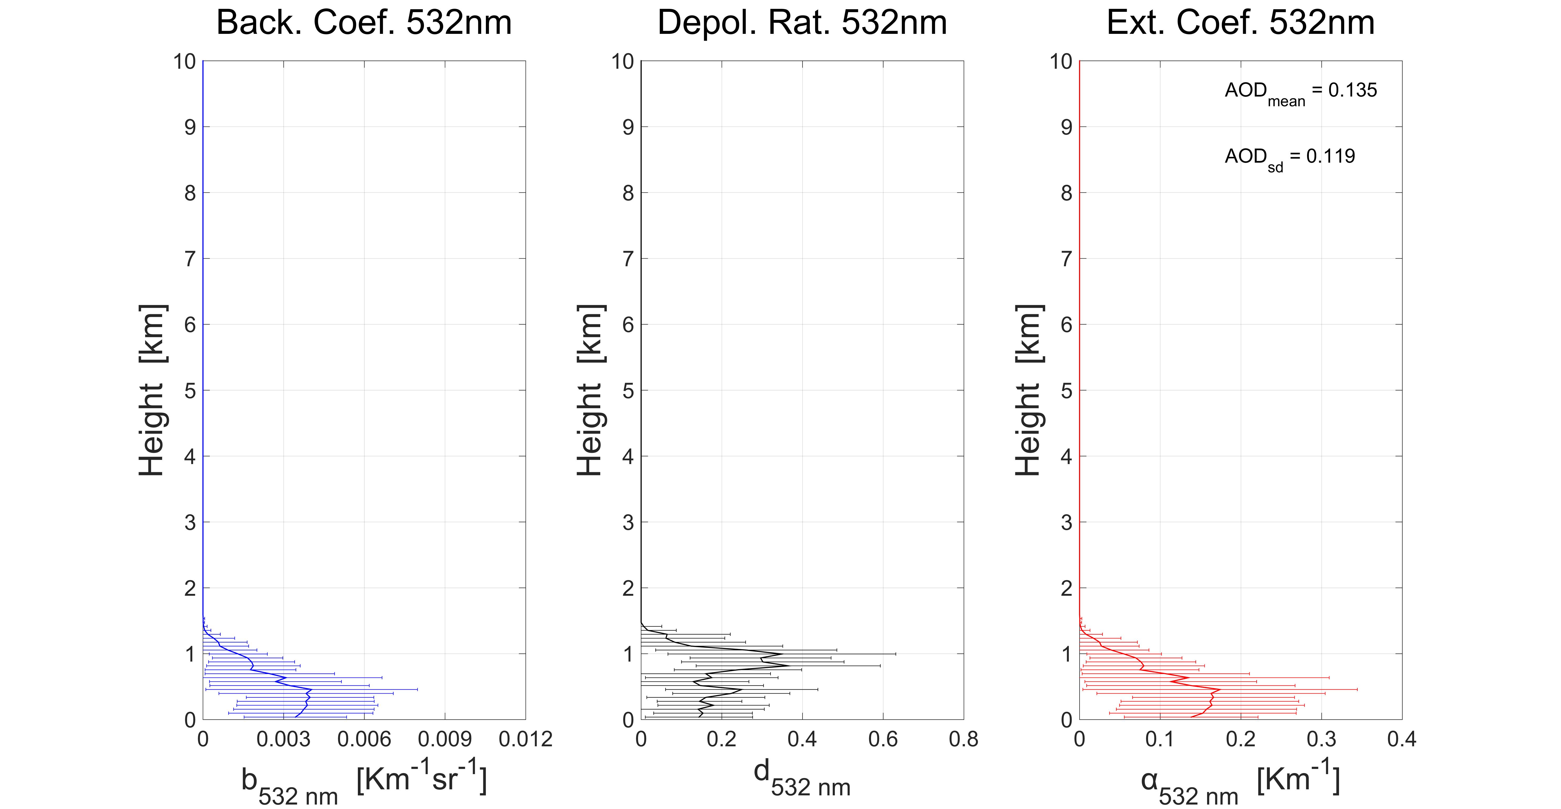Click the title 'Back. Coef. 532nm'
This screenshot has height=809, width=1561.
pos(364,23)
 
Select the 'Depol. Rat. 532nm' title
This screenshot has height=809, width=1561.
pos(802,23)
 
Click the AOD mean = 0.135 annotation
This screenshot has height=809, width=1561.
pos(1300,92)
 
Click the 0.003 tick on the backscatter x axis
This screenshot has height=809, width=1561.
pos(283,739)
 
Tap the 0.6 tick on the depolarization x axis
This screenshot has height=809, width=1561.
pos(883,739)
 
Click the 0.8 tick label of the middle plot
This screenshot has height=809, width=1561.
pos(964,739)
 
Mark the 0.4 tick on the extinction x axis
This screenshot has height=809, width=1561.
pos(1402,739)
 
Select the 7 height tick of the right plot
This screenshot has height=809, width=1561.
pos(1066,259)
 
